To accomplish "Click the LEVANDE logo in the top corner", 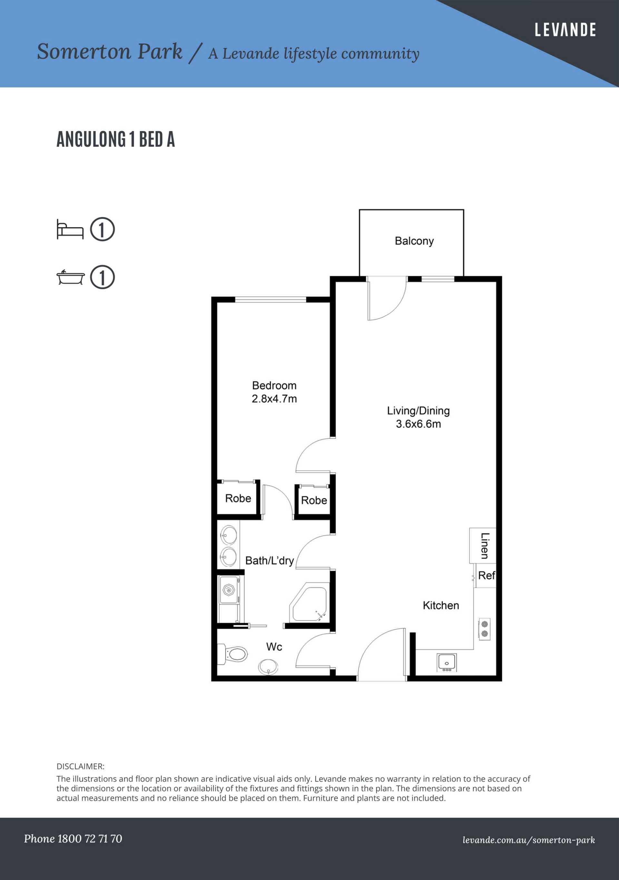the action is click(x=565, y=30).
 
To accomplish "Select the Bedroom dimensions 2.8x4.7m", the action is click(x=274, y=399).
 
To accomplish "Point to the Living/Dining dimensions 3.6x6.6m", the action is click(x=418, y=424).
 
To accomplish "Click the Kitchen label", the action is click(x=441, y=605).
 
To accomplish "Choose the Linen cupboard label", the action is click(x=485, y=546).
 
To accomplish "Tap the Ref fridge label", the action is click(x=487, y=575).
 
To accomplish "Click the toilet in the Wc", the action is click(x=233, y=654).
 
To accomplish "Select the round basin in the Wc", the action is click(x=268, y=667).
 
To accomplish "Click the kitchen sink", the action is click(x=447, y=663).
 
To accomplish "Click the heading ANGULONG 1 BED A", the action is click(x=116, y=139).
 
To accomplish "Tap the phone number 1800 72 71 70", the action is click(x=89, y=839).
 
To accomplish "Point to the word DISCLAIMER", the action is click(x=81, y=766).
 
